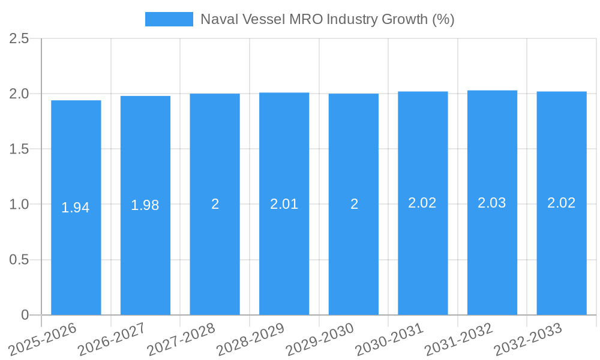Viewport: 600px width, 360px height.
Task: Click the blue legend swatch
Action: (x=169, y=19)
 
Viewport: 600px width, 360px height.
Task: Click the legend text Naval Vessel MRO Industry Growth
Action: (x=327, y=19)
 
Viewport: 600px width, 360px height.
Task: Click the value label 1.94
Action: (x=76, y=208)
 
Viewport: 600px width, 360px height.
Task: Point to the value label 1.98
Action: (x=145, y=206)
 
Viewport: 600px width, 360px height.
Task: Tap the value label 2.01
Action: (x=284, y=204)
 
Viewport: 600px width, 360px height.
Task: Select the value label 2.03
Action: (x=492, y=203)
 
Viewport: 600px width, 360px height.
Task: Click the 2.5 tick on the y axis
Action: (x=19, y=38)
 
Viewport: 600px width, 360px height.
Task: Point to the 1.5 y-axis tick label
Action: (x=19, y=149)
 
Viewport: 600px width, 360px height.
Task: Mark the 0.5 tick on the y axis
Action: (x=19, y=260)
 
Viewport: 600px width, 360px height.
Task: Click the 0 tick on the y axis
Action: (x=25, y=315)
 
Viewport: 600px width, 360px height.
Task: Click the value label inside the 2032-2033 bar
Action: (x=561, y=203)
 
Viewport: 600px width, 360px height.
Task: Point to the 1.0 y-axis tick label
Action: (x=19, y=205)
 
